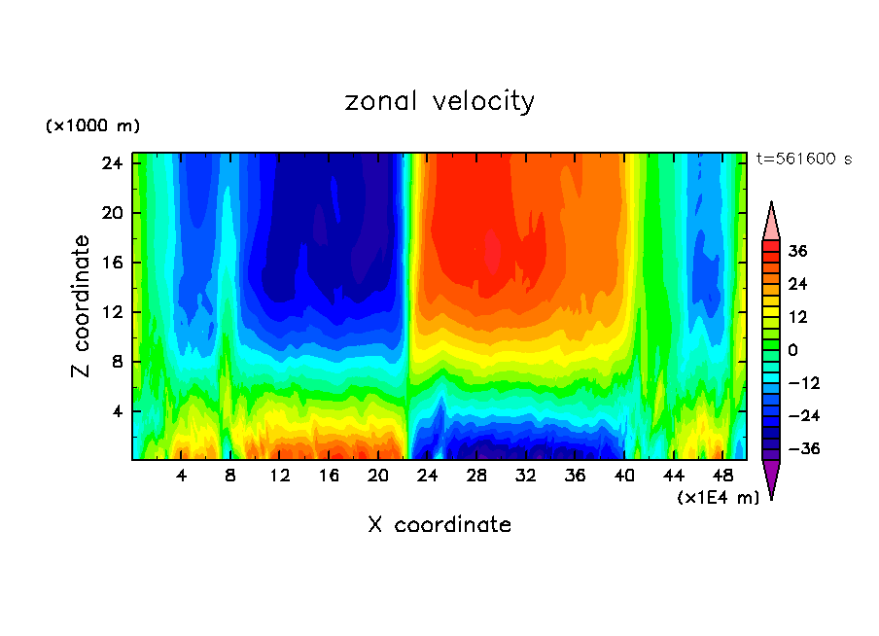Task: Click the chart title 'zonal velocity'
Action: [439, 101]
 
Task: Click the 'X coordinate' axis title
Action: [439, 525]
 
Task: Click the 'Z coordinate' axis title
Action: [81, 306]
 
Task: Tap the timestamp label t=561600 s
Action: [803, 159]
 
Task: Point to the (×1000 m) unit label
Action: [92, 126]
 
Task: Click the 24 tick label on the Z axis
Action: [110, 162]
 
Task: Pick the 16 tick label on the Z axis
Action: [110, 263]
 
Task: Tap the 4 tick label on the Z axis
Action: [115, 411]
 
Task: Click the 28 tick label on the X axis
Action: [476, 477]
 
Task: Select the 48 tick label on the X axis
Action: [722, 477]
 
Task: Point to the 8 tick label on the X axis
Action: [230, 477]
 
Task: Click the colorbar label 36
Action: [798, 251]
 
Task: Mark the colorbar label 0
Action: [793, 350]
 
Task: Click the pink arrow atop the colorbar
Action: [771, 221]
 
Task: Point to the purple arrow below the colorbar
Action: [771, 478]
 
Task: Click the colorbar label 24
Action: [798, 284]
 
